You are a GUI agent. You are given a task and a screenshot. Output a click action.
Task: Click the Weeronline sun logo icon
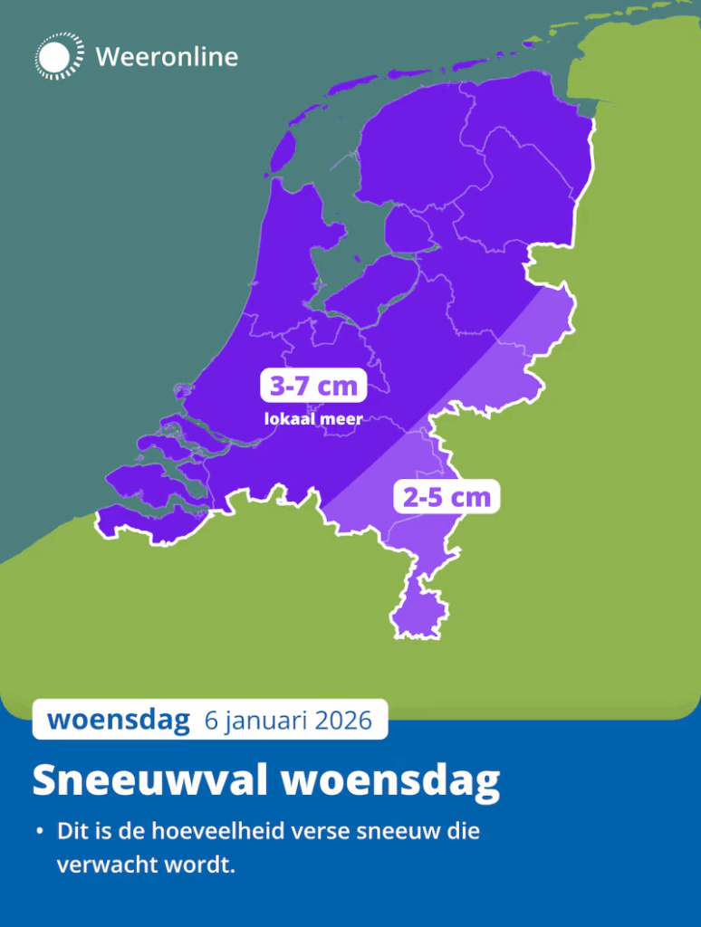pos(59,56)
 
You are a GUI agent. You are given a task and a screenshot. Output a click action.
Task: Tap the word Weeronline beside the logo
pos(167,57)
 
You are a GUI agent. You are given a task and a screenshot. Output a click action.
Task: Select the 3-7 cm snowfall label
pos(313,387)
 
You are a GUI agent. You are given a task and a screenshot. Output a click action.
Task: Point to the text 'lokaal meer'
pos(313,419)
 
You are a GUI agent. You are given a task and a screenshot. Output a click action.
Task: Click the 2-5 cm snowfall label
pos(447,496)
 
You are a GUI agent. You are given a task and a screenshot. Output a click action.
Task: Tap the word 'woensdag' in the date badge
pos(119,720)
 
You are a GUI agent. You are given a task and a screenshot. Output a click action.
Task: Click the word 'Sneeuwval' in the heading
pos(150,780)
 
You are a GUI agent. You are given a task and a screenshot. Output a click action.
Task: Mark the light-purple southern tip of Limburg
pos(417,612)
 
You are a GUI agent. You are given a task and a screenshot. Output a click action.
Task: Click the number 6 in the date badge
pos(212,721)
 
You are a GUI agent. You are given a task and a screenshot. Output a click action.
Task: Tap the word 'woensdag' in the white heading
pos(391,780)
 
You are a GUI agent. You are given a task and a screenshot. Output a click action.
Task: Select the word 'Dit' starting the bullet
pos(72,831)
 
